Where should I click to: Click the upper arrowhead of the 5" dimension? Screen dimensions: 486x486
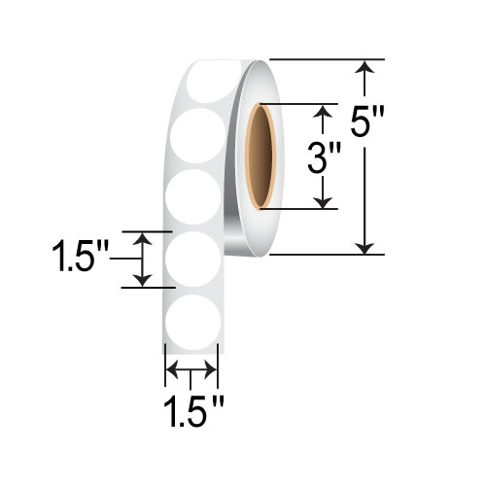pos(365,67)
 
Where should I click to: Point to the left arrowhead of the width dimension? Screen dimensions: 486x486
pos(172,370)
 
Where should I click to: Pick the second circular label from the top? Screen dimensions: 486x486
pos(193,134)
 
